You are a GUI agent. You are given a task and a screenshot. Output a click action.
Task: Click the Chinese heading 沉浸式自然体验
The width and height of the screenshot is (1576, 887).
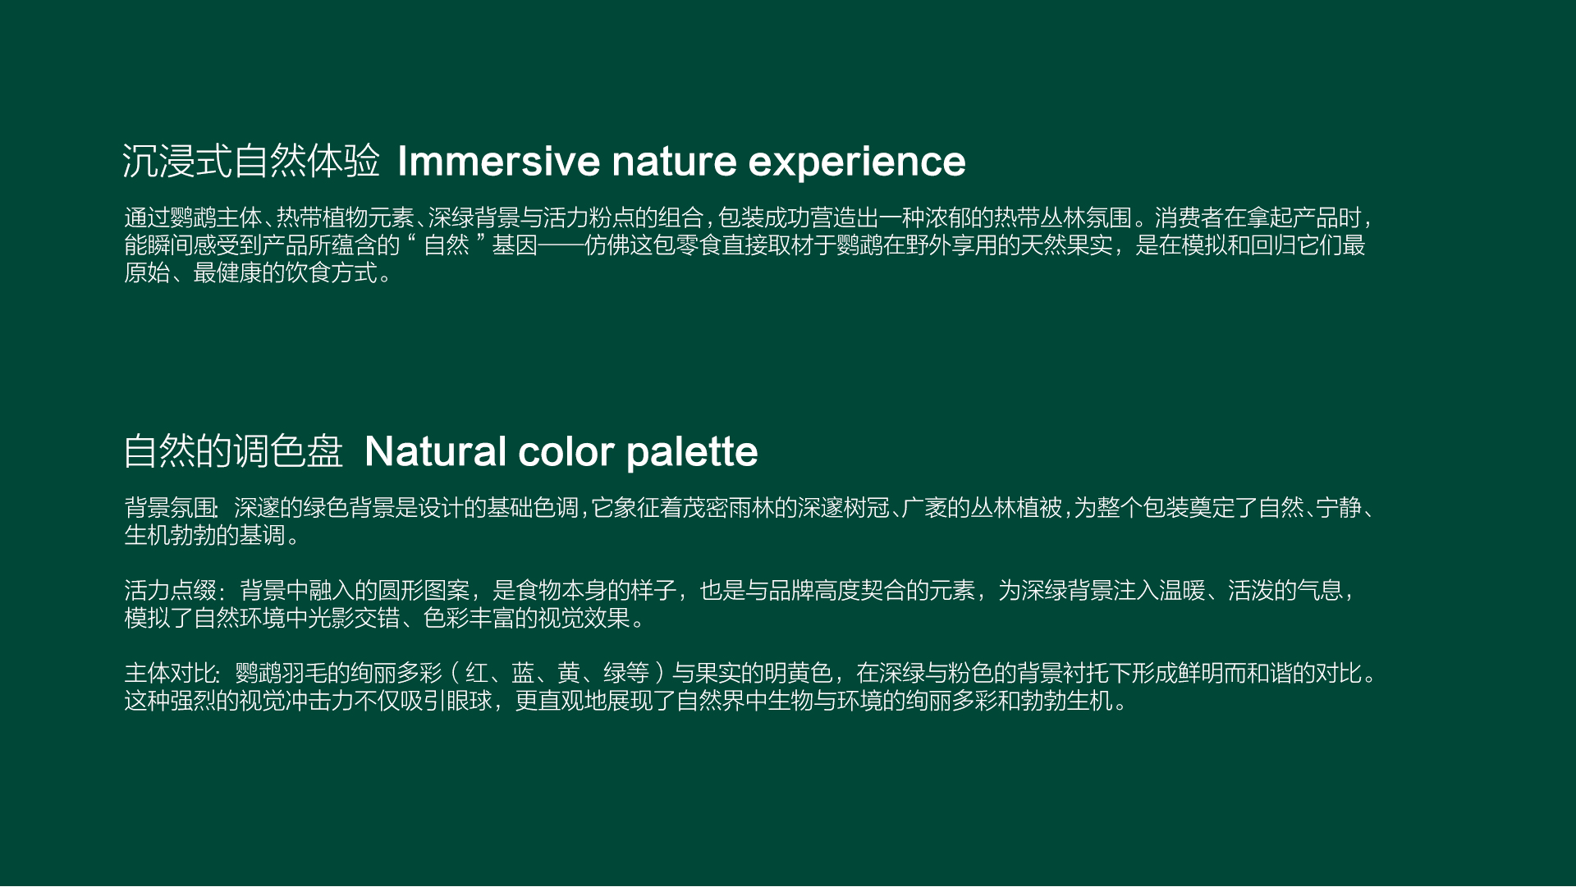[x=251, y=161]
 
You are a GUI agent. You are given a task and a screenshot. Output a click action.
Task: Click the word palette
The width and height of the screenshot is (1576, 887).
[x=692, y=452]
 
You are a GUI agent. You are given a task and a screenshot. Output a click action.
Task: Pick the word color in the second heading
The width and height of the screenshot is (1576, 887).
[x=566, y=452]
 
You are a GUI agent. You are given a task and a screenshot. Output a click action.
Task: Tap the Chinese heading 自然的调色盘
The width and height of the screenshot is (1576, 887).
[x=233, y=451]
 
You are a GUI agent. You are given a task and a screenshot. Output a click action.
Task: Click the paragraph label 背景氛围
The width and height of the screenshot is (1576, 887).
[x=171, y=508]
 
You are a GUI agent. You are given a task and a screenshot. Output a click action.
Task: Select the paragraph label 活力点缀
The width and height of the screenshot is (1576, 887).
[x=171, y=590]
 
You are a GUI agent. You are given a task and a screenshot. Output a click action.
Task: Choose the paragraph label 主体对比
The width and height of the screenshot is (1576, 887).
[x=171, y=673]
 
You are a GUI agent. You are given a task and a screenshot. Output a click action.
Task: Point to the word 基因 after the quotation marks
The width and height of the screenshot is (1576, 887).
[x=515, y=245]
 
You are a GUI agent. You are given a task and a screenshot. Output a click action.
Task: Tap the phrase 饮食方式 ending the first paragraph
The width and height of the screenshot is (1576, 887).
[x=332, y=272]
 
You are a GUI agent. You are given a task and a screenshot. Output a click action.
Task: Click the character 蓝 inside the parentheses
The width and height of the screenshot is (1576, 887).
[x=523, y=673]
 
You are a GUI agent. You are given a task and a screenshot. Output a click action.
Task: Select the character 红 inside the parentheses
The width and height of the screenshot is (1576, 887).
[x=477, y=673]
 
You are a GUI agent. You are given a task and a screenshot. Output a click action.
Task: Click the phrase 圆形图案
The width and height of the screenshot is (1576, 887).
[x=424, y=590]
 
